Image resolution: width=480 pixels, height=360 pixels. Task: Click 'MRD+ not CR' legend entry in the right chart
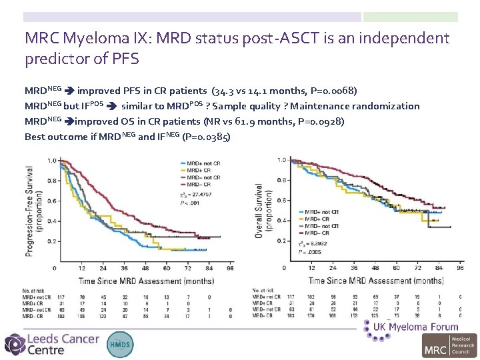click(x=320, y=211)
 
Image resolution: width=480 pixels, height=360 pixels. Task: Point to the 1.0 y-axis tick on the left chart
click(x=51, y=161)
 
